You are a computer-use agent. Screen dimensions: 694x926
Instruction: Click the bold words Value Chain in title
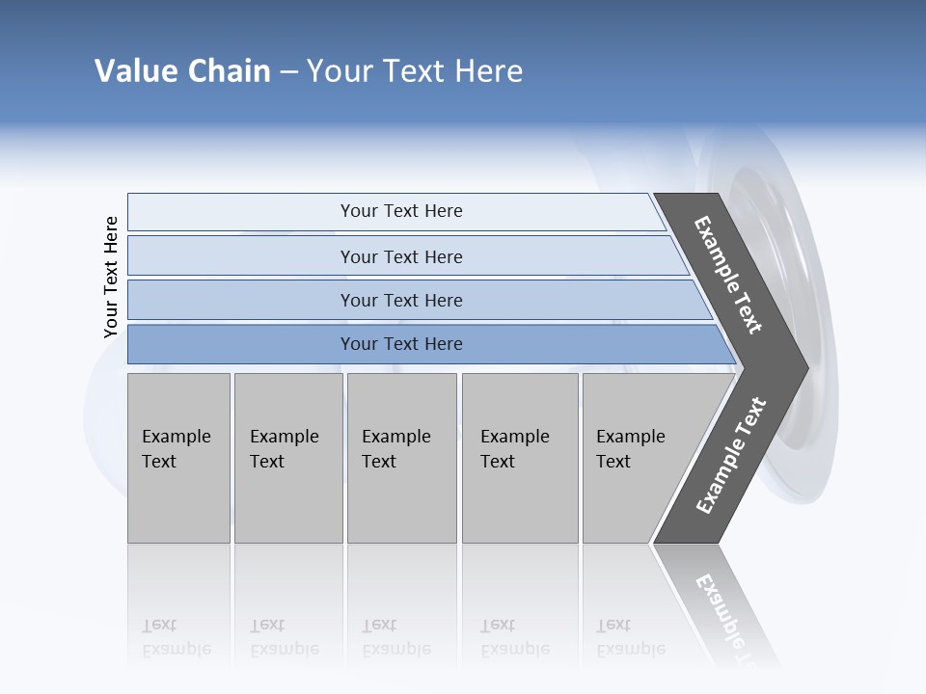[182, 71]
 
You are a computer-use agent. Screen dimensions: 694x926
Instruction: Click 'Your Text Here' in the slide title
[415, 71]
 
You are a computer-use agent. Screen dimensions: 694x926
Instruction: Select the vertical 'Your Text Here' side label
[111, 278]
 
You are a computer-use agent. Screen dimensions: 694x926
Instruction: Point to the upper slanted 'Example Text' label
[728, 275]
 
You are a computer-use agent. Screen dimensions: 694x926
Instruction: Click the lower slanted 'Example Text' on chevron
[731, 456]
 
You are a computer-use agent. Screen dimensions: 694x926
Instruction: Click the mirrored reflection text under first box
[177, 638]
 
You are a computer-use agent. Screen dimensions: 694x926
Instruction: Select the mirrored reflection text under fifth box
[631, 638]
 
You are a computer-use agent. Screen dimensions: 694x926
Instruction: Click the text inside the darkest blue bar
[401, 344]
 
